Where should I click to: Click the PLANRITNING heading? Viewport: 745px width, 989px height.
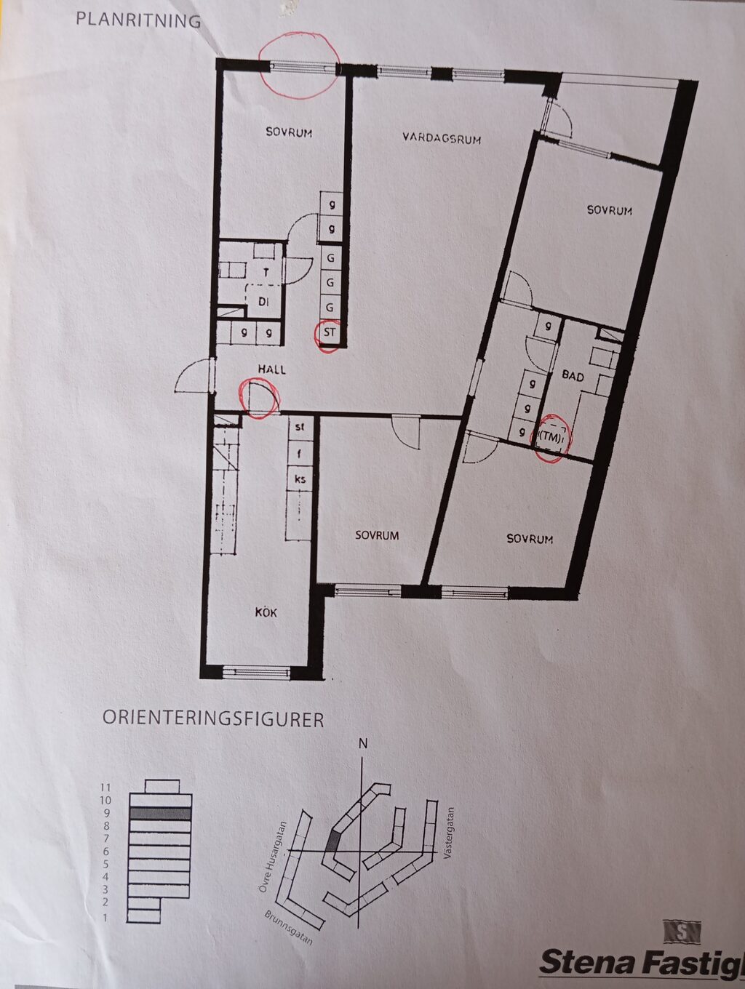[138, 20]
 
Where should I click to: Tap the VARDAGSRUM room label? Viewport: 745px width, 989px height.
[442, 137]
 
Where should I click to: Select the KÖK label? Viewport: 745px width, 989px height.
[266, 612]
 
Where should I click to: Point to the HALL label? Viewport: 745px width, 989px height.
[271, 369]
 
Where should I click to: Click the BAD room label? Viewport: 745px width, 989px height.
[573, 376]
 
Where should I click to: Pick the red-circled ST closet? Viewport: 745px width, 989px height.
[330, 334]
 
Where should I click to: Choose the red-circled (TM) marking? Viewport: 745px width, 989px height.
[551, 438]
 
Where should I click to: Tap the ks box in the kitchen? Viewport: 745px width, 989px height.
[300, 479]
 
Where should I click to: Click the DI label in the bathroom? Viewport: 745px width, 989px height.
[263, 301]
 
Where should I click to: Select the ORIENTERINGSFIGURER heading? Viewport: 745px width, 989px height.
[212, 718]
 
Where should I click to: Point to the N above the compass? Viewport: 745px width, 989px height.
[362, 743]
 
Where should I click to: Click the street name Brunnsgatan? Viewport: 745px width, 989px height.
[289, 927]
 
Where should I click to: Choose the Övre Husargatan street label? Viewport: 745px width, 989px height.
[277, 856]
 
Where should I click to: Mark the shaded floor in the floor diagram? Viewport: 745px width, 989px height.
[160, 814]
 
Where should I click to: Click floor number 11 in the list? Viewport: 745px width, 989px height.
[106, 787]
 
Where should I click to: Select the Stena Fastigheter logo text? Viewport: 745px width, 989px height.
[640, 961]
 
